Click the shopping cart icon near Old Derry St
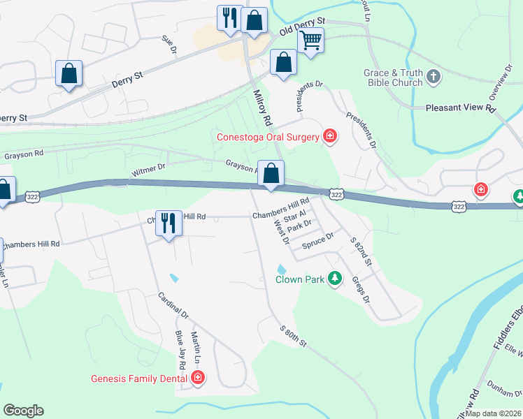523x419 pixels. pos(310,40)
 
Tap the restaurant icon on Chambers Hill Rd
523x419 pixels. pos(168,223)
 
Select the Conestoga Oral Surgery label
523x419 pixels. pos(268,136)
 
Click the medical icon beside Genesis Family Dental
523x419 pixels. pos(198,378)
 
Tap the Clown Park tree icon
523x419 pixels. pos(335,279)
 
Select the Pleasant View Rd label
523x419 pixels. pos(461,109)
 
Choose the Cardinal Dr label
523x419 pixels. pos(173,304)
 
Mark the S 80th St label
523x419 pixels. pos(293,337)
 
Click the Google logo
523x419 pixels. pos(23,411)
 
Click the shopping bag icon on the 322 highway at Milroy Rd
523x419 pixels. pos(271,173)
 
